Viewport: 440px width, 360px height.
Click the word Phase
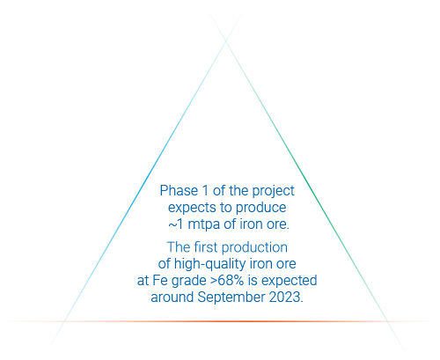point(179,191)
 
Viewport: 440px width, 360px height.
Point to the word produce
point(261,208)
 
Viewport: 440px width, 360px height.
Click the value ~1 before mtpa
point(176,224)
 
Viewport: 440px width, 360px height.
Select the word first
point(207,247)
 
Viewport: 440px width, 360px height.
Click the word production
point(254,248)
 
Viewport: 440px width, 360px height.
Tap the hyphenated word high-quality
point(210,264)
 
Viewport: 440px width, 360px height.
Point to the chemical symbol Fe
point(160,281)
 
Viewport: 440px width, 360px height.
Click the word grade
point(188,281)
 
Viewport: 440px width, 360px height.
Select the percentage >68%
point(227,281)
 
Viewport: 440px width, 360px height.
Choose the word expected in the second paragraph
point(290,281)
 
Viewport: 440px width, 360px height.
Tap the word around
point(172,298)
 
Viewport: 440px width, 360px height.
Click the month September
point(231,298)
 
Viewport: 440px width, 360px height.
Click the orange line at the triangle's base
point(220,321)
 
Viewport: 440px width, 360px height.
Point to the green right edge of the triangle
point(307,181)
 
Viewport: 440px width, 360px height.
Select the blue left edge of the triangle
point(146,179)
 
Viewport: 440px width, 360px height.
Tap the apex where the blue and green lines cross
point(226,41)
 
